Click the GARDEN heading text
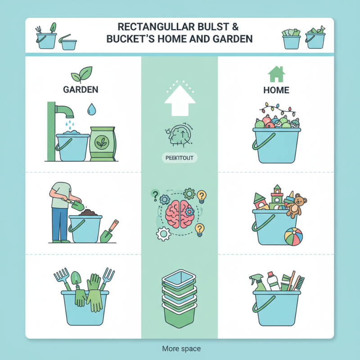tap(81, 90)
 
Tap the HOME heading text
tap(276, 90)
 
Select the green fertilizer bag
tap(102, 144)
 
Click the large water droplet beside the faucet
tap(92, 108)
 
